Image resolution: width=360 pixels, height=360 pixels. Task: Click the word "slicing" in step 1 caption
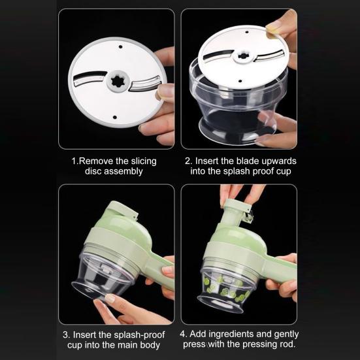pos(142,161)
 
